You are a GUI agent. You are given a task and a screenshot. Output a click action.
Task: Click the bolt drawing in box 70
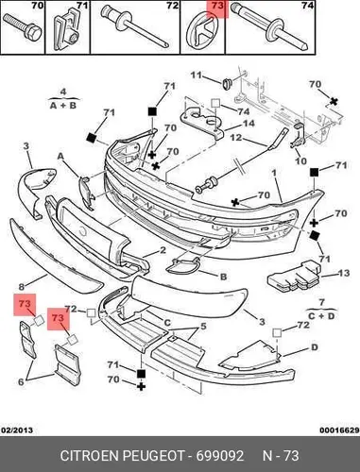[x=23, y=27]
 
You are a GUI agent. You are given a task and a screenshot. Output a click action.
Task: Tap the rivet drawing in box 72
[x=135, y=26]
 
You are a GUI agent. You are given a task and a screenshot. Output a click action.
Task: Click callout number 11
[x=196, y=76]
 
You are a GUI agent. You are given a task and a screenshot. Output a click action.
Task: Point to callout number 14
[x=249, y=123]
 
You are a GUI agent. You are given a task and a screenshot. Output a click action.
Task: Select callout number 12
[x=236, y=138]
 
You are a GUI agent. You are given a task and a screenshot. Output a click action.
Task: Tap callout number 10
[x=300, y=160]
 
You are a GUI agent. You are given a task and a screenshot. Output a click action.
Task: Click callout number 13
[x=343, y=273]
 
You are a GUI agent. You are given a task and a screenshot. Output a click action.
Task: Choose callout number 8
[x=22, y=287]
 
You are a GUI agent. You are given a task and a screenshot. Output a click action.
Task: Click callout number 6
[x=21, y=382]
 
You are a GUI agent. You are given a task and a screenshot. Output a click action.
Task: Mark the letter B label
[x=223, y=277]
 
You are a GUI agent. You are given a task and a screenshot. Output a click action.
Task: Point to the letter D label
[x=315, y=347]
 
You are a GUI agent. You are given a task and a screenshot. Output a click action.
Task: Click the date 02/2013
[x=17, y=430]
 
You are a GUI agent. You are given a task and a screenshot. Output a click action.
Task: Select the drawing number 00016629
[x=339, y=430]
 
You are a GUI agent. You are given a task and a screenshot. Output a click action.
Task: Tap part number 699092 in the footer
[x=220, y=456]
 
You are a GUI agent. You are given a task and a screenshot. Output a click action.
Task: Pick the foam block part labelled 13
[x=294, y=275]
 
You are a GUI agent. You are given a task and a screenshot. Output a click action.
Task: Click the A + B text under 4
[x=63, y=105]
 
